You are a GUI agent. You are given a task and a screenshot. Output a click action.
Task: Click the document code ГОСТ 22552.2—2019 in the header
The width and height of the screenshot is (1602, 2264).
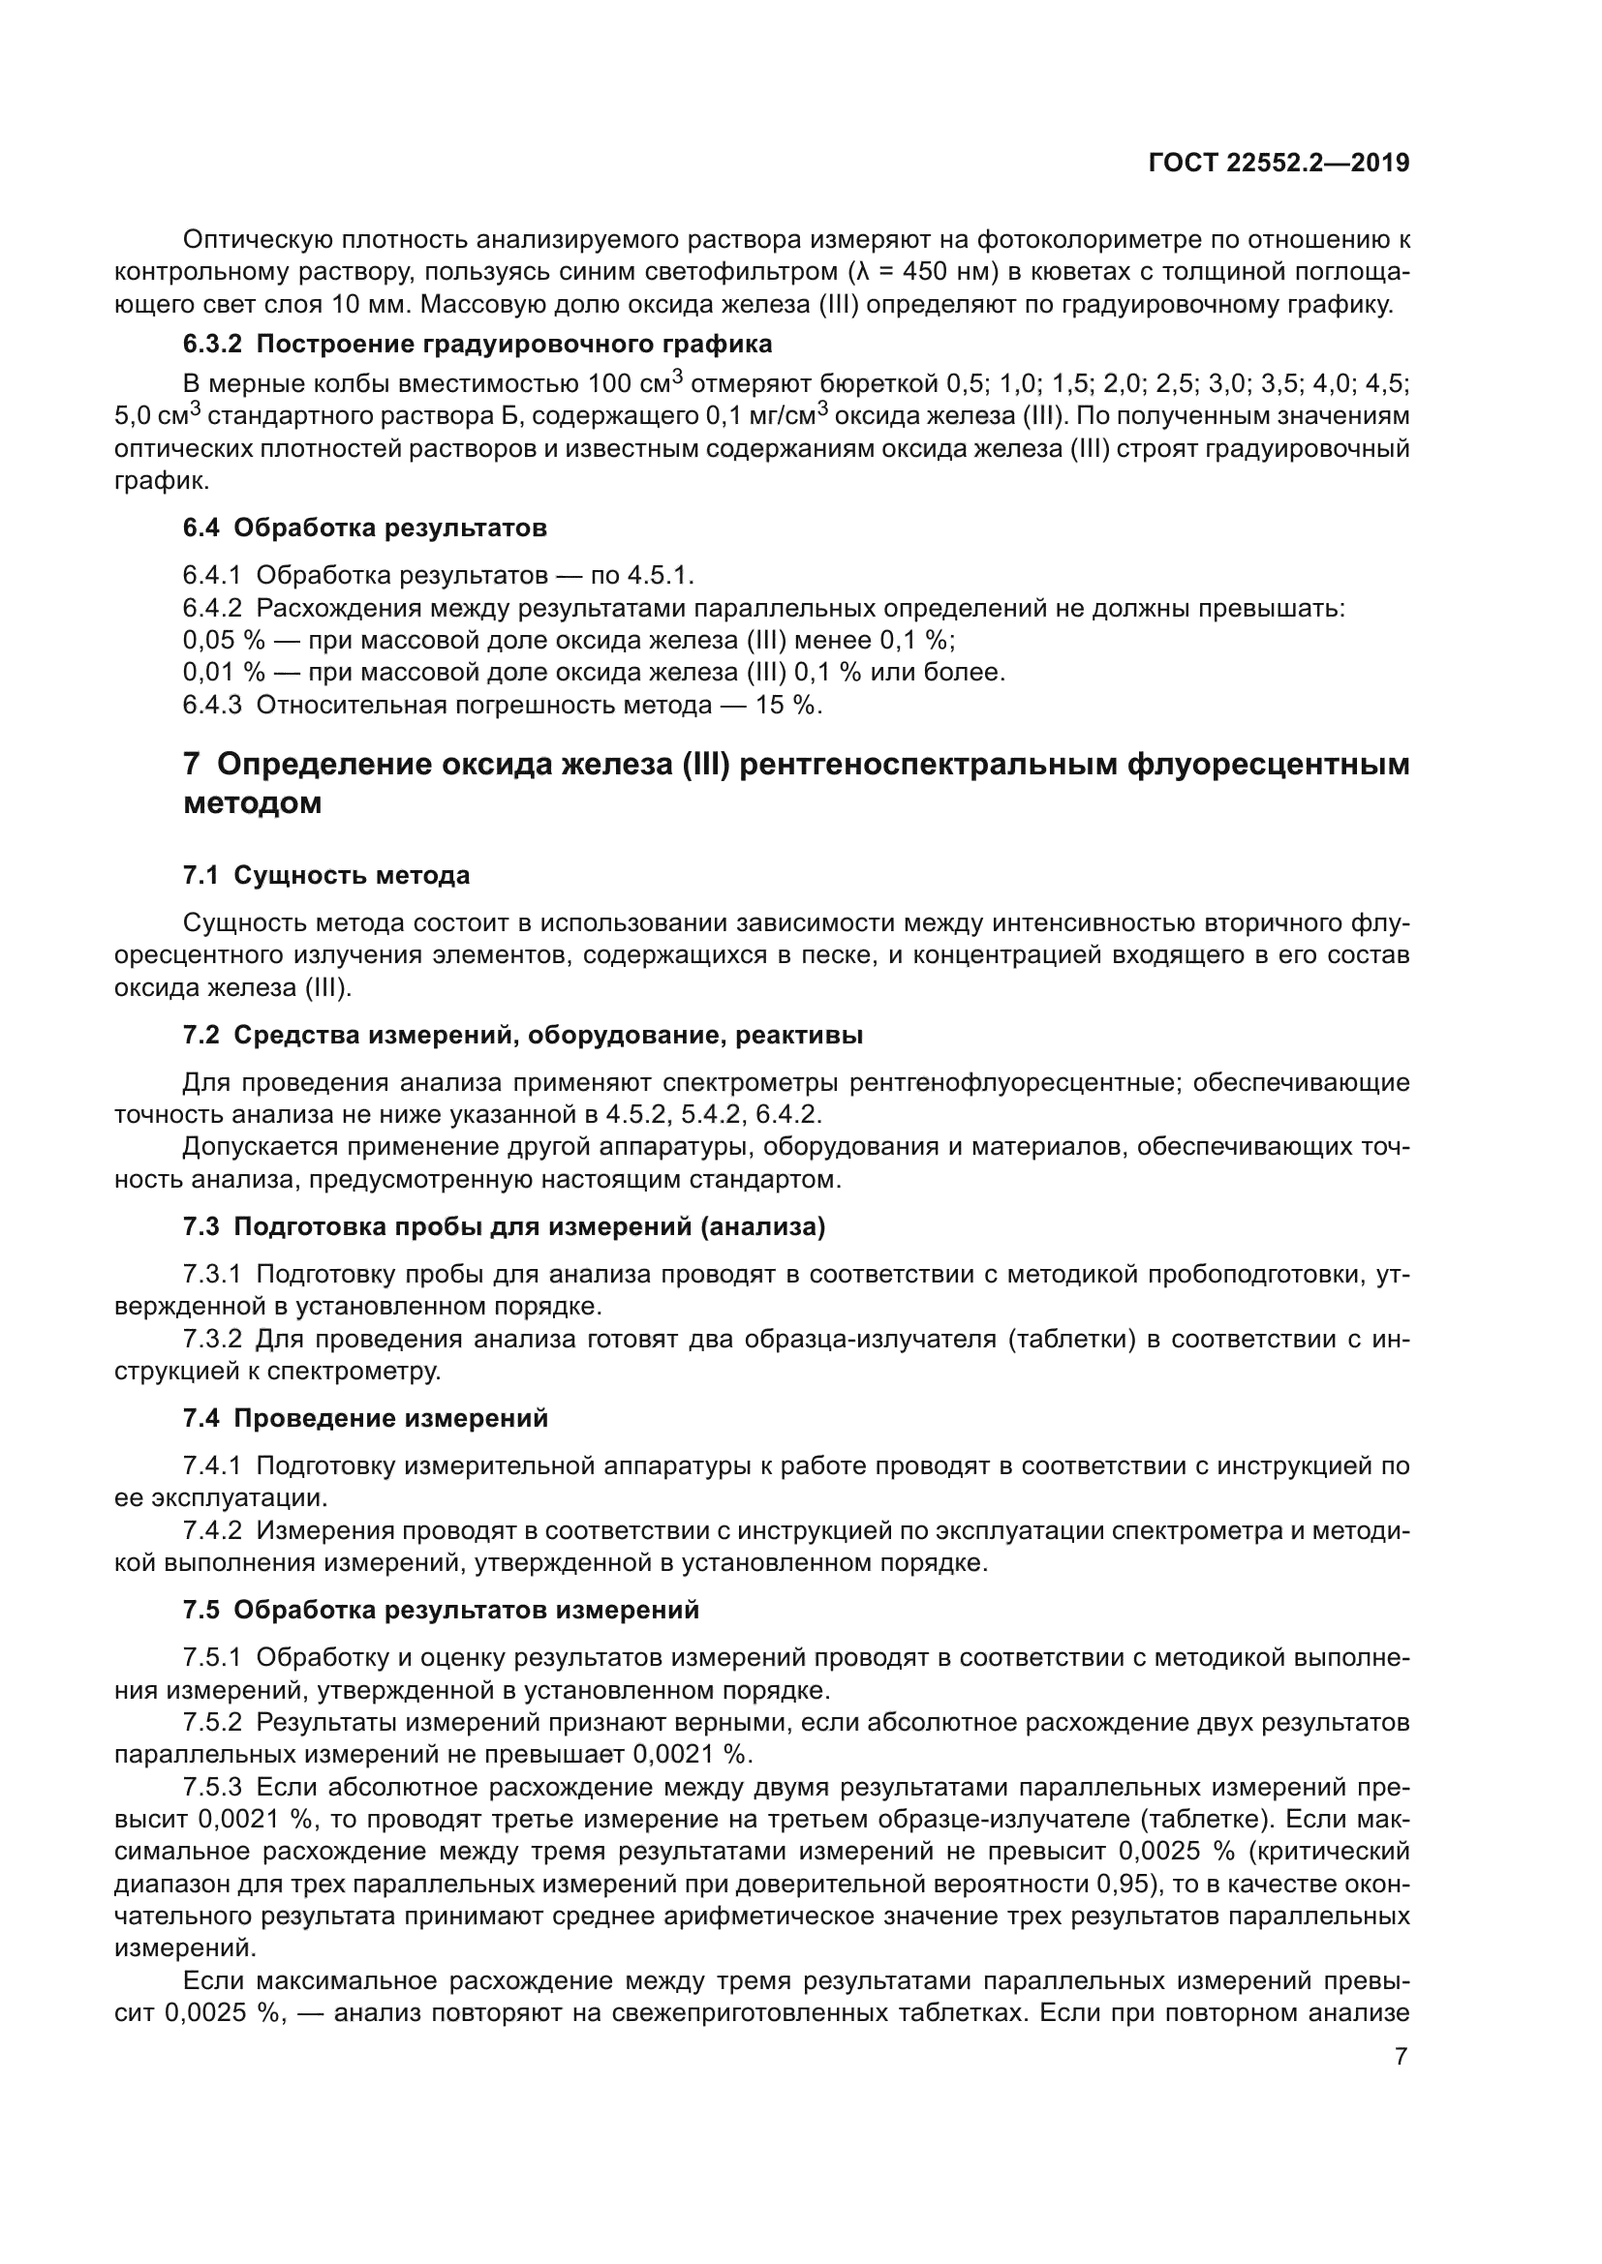[1279, 162]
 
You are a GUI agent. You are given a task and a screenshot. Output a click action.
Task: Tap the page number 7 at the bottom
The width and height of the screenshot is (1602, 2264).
[1401, 2057]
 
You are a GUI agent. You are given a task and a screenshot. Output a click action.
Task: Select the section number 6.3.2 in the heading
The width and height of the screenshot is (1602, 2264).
[212, 345]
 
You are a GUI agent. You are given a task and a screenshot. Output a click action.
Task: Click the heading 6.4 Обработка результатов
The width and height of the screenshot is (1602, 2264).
[364, 528]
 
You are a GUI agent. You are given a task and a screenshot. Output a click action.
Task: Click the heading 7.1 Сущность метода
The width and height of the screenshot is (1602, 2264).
[325, 875]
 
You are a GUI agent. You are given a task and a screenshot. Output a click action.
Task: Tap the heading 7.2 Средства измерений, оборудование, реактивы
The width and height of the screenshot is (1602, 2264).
[523, 1035]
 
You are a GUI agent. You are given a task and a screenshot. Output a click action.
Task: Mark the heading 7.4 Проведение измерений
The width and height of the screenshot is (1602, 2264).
[365, 1418]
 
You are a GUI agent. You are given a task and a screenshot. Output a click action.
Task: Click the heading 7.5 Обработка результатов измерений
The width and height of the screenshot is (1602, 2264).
[441, 1610]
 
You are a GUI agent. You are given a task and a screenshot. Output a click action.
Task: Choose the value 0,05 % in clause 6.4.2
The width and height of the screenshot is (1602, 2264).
[224, 640]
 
